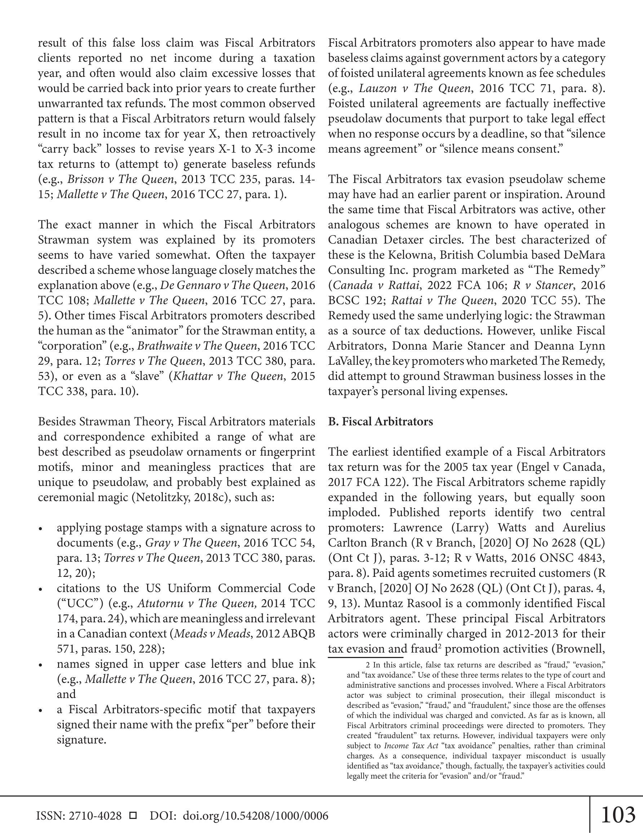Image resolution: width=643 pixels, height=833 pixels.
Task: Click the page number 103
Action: (x=618, y=815)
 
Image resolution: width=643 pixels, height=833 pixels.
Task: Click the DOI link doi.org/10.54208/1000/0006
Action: (x=256, y=816)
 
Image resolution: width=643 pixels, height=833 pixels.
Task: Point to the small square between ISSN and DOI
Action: (x=133, y=816)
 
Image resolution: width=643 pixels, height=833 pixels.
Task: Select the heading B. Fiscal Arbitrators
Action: (x=380, y=421)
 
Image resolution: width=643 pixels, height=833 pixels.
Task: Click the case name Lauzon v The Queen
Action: (x=415, y=88)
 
